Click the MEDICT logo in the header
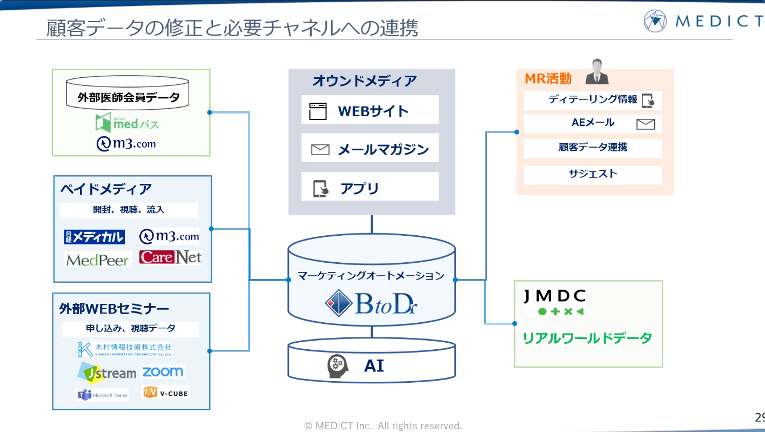702,21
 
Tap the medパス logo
127,123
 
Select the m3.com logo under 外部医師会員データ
126,143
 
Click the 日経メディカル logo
95,237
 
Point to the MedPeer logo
98,260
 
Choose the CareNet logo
170,257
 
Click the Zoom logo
163,371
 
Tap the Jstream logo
106,373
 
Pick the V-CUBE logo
165,393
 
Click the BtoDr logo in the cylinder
371,304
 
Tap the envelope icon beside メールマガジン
320,150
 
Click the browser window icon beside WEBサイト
318,111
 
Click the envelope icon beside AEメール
646,124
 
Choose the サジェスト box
593,174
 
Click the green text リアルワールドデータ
587,338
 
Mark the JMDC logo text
555,296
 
